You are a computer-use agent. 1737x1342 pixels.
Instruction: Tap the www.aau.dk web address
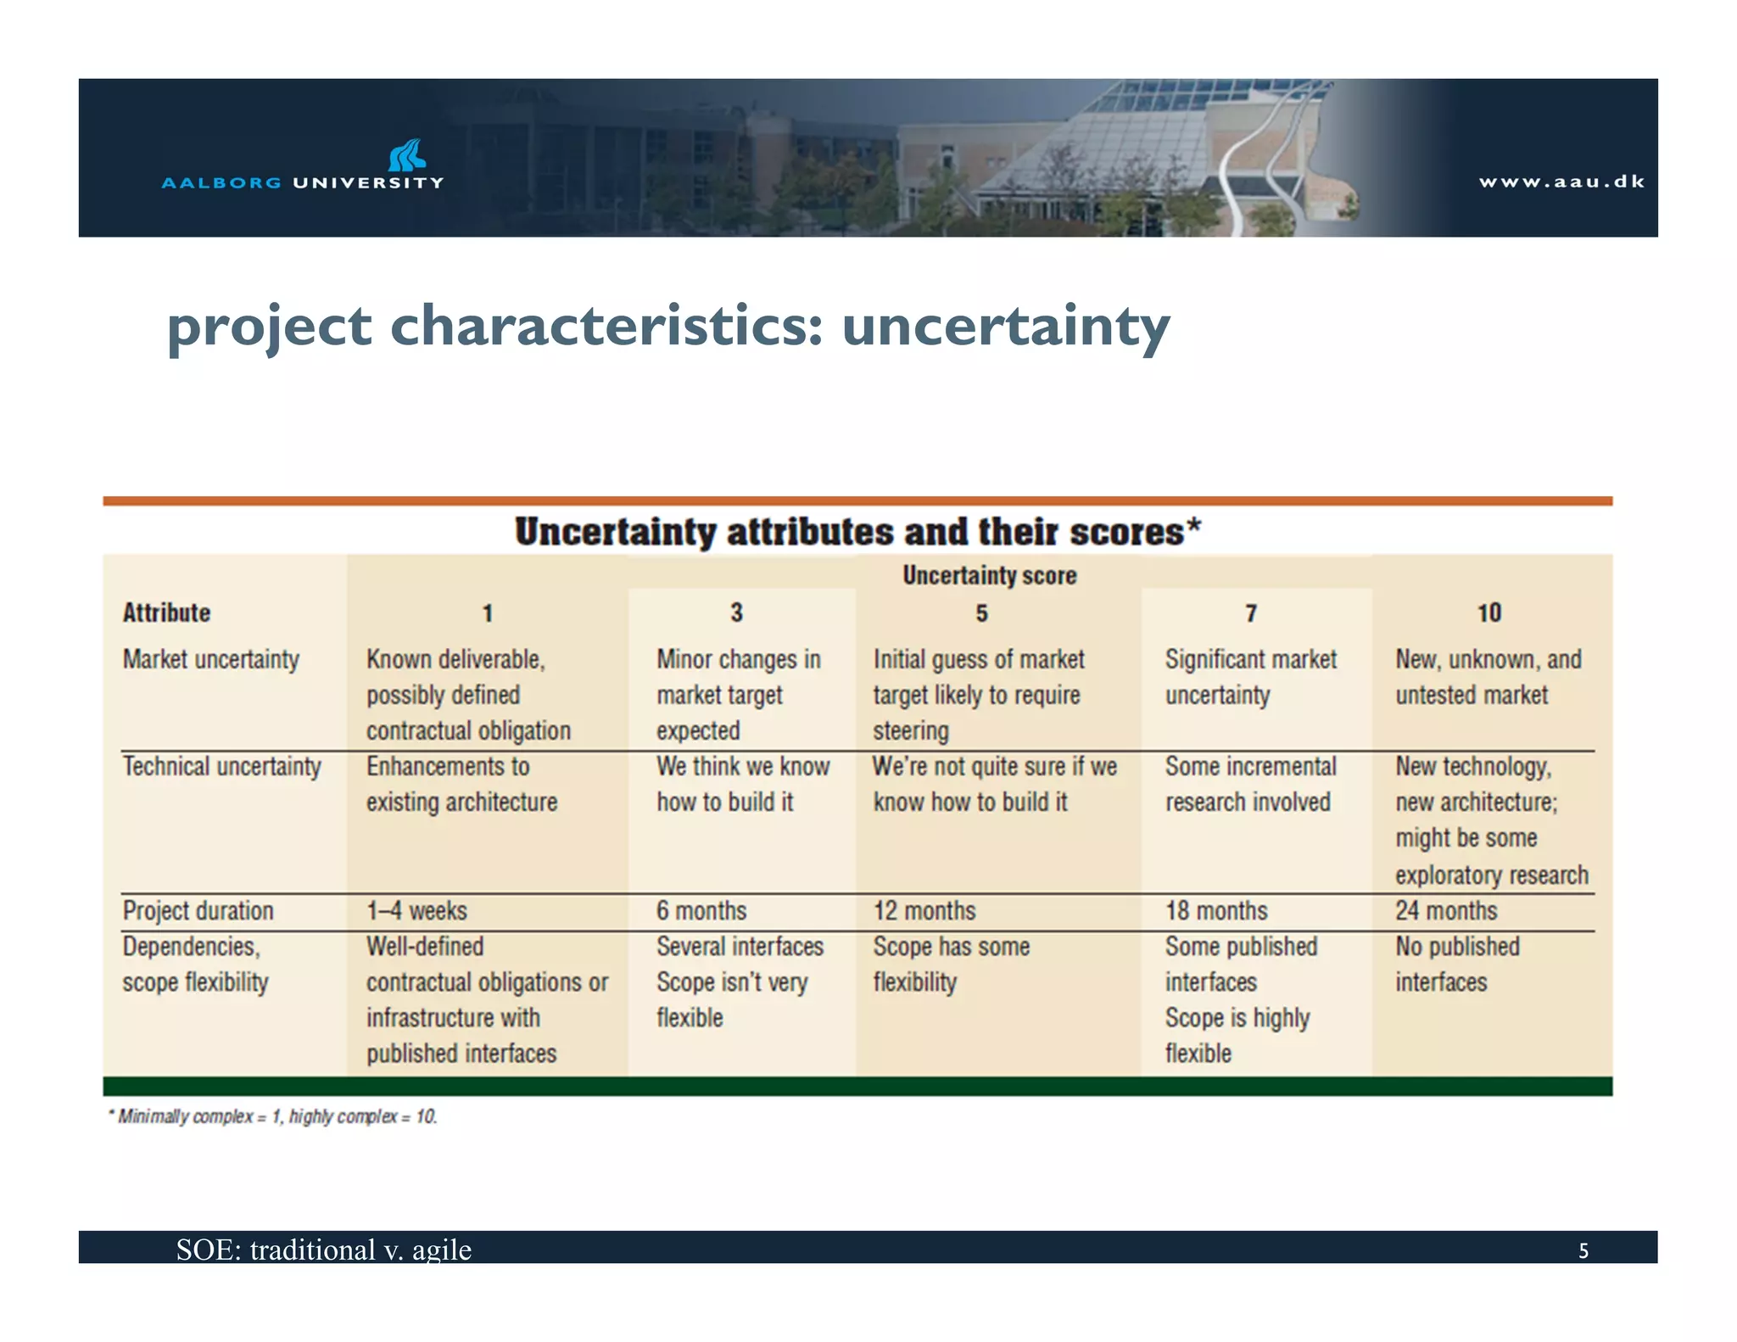1561,182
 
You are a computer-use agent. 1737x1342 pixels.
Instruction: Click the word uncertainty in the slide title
1005,327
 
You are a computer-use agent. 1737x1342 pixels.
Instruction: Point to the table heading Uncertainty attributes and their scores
857,532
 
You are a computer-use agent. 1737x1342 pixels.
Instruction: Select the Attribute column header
166,612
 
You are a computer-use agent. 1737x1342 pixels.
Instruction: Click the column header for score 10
1488,612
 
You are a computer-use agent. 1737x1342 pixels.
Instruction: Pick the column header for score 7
1251,612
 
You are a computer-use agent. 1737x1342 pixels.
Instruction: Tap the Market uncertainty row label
210,659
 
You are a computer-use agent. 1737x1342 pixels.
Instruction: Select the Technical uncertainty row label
221,766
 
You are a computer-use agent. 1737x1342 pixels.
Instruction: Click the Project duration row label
198,910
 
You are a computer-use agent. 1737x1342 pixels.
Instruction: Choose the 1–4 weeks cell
416,910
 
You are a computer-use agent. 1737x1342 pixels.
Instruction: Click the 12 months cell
924,910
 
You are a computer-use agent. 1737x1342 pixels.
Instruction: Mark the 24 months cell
1446,910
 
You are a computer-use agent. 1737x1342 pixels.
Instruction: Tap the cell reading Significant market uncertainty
1250,677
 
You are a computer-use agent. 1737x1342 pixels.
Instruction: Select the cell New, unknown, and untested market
1488,677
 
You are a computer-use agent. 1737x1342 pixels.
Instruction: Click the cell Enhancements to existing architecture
461,784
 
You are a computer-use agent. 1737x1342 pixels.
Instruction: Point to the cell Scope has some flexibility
951,964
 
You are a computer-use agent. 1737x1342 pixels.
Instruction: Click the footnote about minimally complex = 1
273,1116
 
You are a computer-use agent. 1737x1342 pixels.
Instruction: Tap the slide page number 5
1583,1250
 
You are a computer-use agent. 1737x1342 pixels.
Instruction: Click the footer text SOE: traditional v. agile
323,1250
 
